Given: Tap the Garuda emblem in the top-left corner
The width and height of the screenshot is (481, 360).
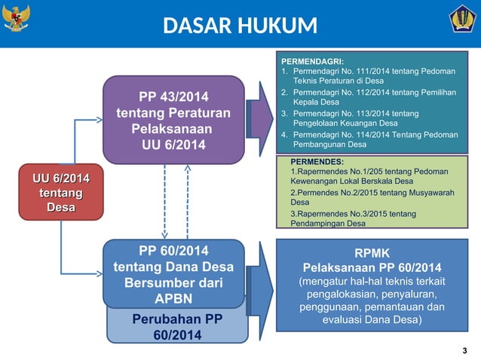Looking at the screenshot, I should [17, 18].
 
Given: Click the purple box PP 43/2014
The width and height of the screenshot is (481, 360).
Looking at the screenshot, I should [173, 121].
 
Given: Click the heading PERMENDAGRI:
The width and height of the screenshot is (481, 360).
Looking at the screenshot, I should [312, 61].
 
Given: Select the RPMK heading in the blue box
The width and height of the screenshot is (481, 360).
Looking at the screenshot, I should [371, 255].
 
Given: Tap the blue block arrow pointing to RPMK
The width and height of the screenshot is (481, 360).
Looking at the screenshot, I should [261, 286].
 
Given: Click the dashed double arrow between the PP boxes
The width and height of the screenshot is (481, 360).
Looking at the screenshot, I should [175, 201].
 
